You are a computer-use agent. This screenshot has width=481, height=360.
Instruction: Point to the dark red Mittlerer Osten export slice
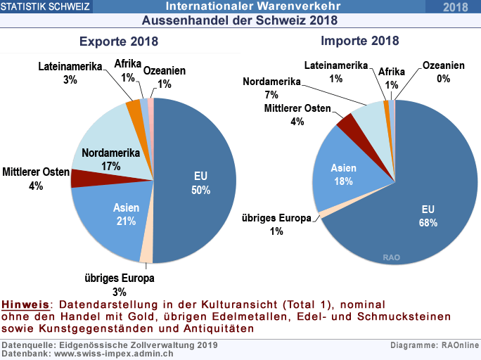point(82,178)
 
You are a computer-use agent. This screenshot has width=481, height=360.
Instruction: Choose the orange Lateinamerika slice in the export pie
point(134,107)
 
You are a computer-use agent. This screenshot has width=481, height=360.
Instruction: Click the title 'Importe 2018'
point(359,41)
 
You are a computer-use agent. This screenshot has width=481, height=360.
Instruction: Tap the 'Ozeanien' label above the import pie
point(443,65)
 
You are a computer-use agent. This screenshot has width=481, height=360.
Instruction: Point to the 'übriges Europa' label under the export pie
point(119,279)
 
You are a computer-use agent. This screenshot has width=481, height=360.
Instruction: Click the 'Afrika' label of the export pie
point(128,65)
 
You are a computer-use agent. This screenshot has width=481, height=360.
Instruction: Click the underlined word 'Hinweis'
point(26,305)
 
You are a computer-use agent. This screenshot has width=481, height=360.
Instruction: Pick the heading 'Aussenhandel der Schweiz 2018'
point(240,20)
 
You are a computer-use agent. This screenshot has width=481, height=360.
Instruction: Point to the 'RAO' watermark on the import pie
point(392,257)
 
